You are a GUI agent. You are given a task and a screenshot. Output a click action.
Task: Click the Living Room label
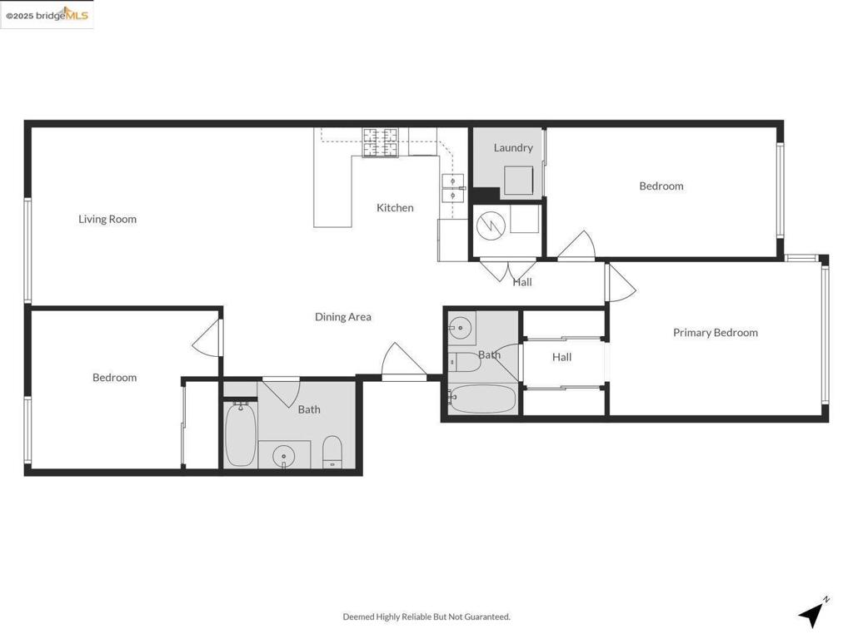(x=107, y=219)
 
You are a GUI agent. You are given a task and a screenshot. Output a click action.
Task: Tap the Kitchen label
(x=395, y=207)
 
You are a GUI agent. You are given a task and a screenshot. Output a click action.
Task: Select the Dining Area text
(x=342, y=316)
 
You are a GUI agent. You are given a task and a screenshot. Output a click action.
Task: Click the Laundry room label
(x=512, y=147)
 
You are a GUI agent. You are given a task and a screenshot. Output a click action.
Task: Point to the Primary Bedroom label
(x=715, y=332)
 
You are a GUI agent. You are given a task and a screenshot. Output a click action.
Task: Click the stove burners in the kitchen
(x=381, y=141)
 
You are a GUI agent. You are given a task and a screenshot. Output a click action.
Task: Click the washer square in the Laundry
(x=518, y=180)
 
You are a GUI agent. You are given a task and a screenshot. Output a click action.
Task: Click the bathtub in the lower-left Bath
(x=240, y=433)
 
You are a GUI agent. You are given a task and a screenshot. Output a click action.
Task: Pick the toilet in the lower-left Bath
(x=332, y=451)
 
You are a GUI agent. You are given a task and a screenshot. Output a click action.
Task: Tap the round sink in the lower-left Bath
(x=285, y=456)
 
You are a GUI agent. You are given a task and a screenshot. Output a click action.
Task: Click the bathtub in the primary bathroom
(x=482, y=399)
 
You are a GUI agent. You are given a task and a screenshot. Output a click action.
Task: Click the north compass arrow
(x=811, y=614)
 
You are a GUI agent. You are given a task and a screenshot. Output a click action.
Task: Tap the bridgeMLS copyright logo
(x=47, y=15)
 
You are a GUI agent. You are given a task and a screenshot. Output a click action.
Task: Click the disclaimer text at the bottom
(x=426, y=617)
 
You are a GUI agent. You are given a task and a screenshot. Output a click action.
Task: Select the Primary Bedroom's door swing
(x=620, y=283)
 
